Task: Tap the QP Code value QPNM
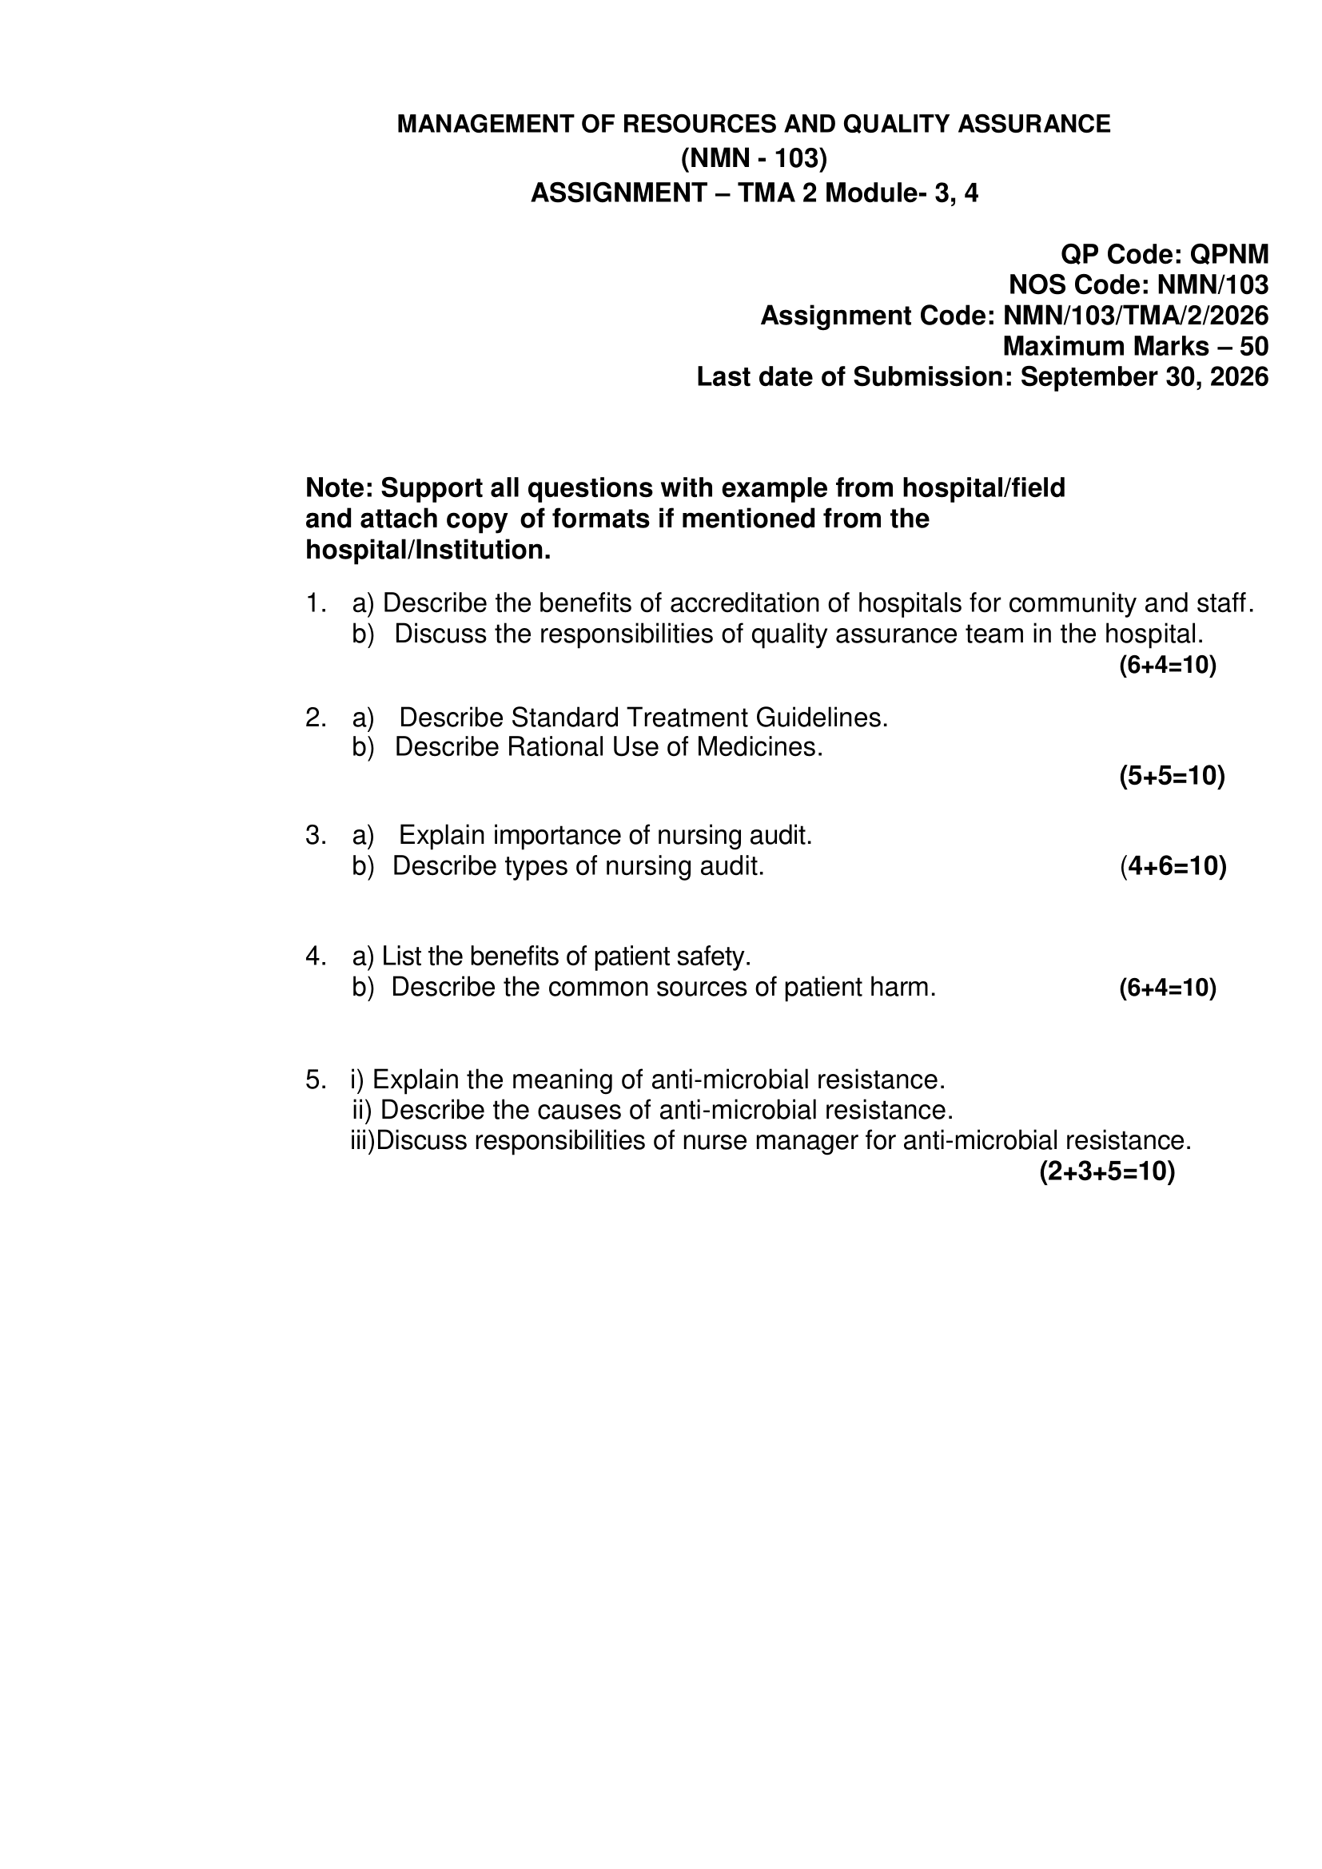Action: click(1229, 255)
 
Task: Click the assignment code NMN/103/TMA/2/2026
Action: click(1136, 316)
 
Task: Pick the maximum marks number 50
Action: click(1253, 347)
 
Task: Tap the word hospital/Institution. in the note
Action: click(428, 551)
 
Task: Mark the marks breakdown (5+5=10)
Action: click(1172, 776)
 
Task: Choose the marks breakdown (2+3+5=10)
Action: click(1106, 1171)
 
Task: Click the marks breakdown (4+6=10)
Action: click(1173, 865)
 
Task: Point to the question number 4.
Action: click(315, 956)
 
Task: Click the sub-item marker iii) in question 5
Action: click(362, 1140)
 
